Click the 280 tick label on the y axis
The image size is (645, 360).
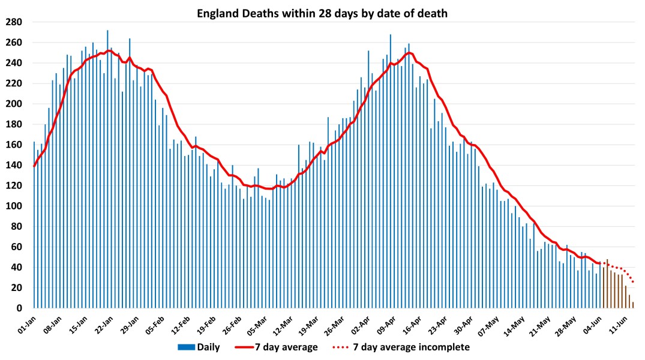click(14, 22)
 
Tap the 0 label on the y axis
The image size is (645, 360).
click(20, 308)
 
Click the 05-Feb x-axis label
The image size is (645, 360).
click(155, 325)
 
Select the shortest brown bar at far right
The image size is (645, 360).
click(633, 305)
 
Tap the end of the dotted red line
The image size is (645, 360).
click(633, 282)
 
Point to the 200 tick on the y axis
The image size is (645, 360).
click(14, 104)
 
